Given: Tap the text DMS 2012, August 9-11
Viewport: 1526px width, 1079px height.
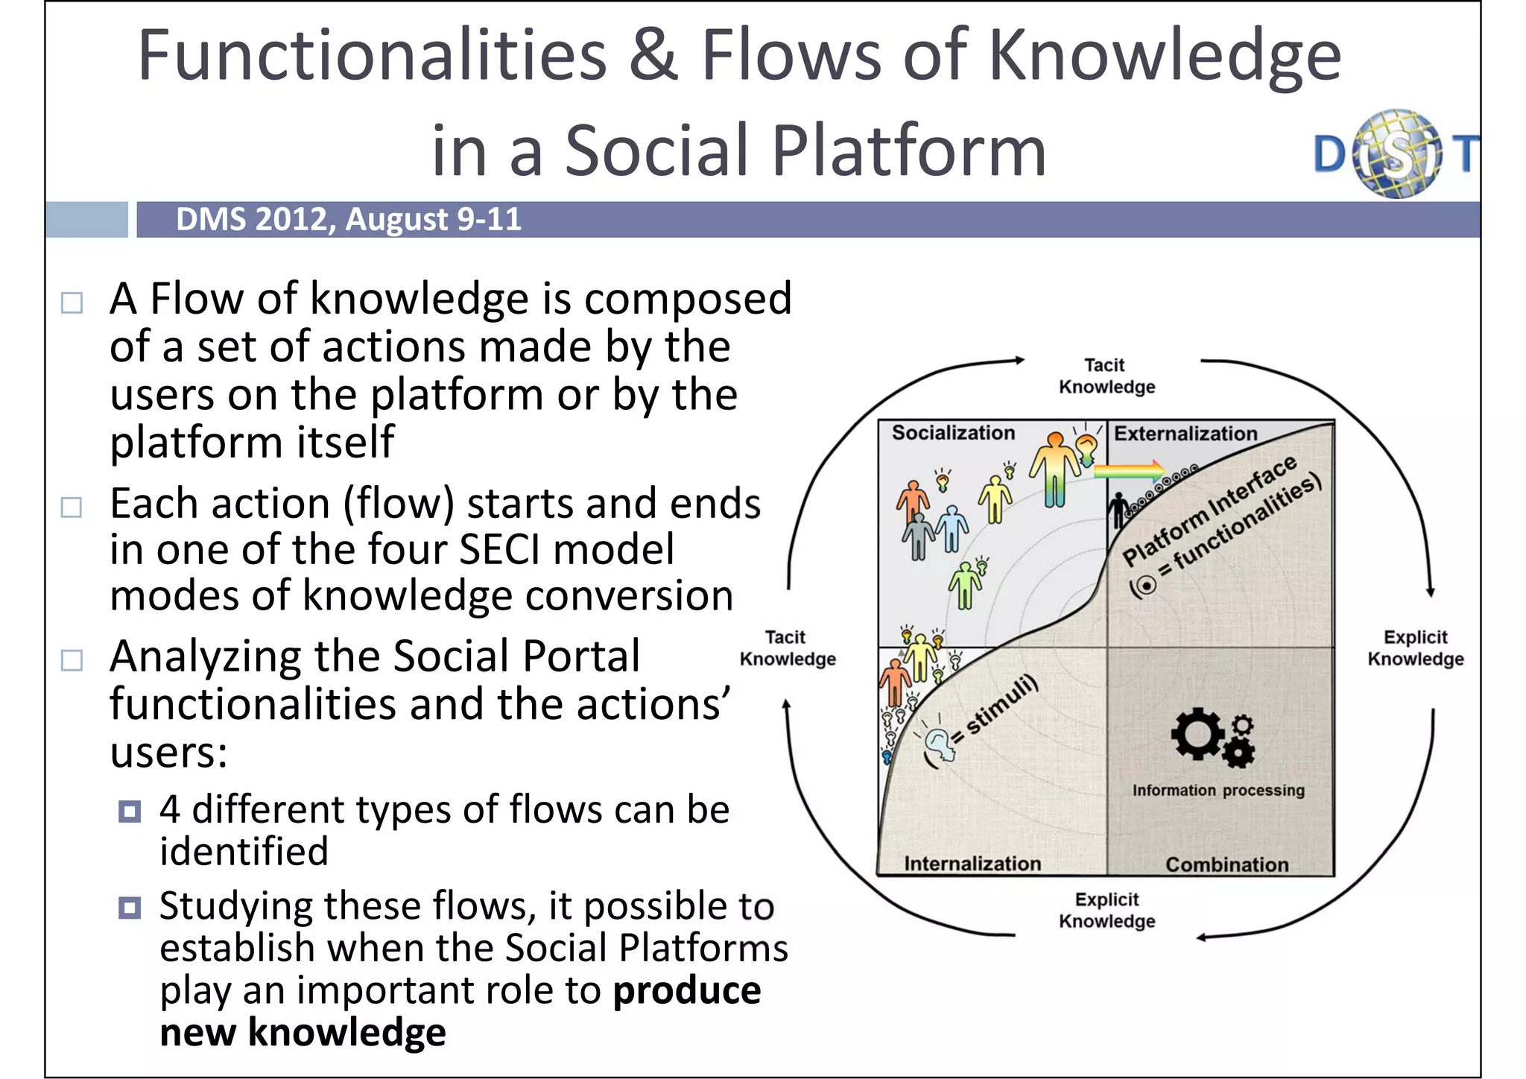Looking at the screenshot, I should click(x=348, y=220).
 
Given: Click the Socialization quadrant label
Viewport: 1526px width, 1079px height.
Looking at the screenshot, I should click(x=953, y=433).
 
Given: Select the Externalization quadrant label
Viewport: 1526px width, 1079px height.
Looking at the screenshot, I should click(x=1185, y=434).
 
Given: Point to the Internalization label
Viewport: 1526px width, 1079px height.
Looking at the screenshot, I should click(x=972, y=864).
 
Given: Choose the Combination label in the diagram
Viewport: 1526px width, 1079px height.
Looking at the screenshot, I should click(x=1226, y=864).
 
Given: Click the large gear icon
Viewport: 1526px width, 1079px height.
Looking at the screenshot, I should click(x=1197, y=733).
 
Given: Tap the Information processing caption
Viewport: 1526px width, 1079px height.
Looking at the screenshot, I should click(x=1218, y=791).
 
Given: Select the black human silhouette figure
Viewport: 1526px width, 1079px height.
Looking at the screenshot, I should click(x=1118, y=511).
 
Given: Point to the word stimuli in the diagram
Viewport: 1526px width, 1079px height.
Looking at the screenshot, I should click(x=1001, y=704).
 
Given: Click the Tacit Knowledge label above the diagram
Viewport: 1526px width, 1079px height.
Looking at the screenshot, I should click(x=1106, y=376).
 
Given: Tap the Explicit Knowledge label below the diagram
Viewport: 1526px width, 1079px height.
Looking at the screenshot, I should click(x=1106, y=911).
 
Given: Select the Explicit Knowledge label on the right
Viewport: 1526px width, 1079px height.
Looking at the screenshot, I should click(x=1415, y=648).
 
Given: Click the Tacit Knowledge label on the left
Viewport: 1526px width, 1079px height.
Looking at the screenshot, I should click(x=787, y=648).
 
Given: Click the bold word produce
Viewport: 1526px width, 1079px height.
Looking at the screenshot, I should click(x=686, y=990).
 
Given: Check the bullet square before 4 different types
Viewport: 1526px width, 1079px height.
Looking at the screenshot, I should click(x=130, y=811).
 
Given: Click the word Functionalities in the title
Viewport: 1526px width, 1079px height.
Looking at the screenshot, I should click(x=372, y=56).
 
